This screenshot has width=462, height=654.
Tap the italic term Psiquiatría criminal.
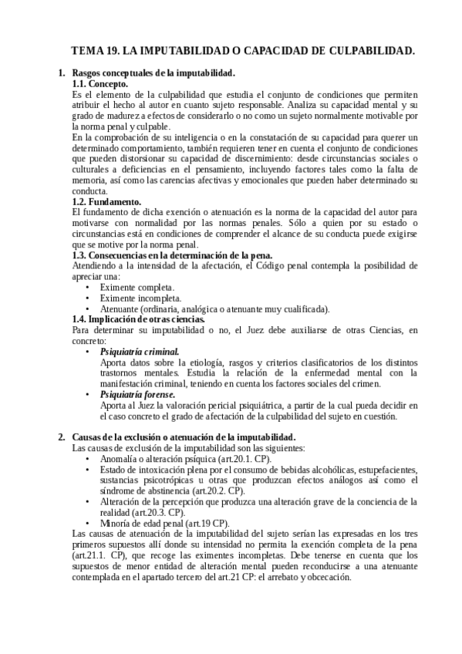(x=140, y=352)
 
